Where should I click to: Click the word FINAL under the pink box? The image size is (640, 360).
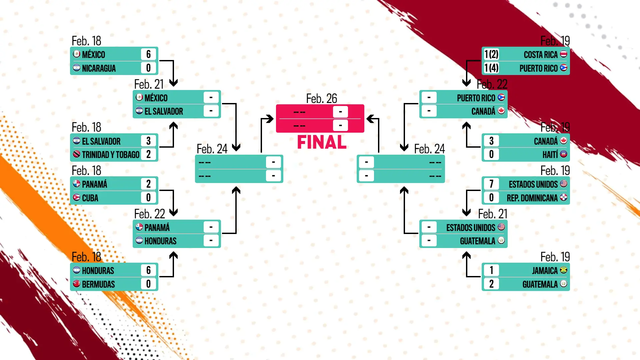tap(322, 142)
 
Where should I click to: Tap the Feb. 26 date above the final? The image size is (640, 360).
tap(321, 99)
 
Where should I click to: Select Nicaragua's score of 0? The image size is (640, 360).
tap(148, 68)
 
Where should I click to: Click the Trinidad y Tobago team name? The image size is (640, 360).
tap(111, 155)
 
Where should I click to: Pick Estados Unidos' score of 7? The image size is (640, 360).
tap(491, 184)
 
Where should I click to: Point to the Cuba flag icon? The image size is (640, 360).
tap(77, 198)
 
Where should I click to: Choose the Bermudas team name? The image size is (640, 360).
tap(98, 284)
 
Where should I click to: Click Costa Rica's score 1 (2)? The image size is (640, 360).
tap(491, 54)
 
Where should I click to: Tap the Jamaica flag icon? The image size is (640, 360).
tap(564, 270)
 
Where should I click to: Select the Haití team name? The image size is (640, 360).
tap(550, 155)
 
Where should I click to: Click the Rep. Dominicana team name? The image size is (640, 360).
tap(532, 198)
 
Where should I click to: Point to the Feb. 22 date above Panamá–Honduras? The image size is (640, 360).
tap(149, 214)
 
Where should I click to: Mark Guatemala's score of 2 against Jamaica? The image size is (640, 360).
tap(491, 284)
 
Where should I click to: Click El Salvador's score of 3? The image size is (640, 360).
tap(148, 141)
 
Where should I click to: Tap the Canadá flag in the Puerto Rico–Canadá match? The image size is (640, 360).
tap(501, 111)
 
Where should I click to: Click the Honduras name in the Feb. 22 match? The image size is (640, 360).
tap(160, 241)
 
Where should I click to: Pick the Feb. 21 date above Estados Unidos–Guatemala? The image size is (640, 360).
tap(492, 214)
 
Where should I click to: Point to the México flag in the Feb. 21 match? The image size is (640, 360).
tap(139, 98)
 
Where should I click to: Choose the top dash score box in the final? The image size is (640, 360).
tap(340, 112)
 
